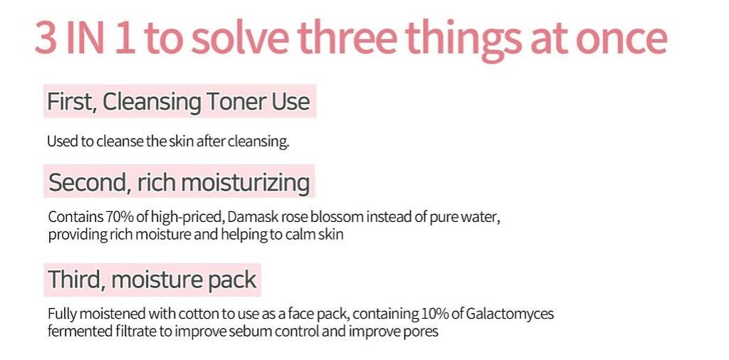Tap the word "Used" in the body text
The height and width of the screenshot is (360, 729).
pos(63,141)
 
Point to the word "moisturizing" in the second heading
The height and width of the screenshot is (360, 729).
pos(245,183)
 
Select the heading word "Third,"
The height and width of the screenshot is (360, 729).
pos(77,279)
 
